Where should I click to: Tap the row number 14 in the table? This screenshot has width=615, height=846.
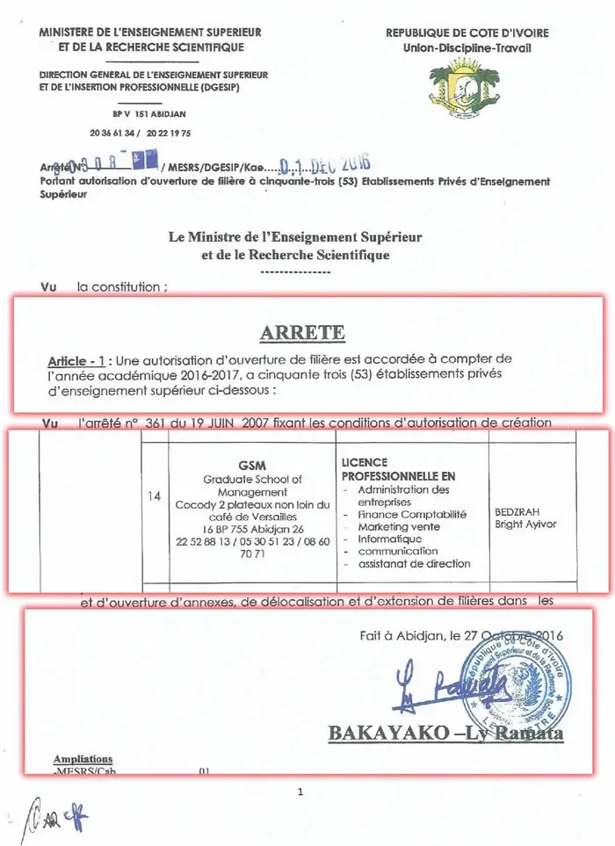155,496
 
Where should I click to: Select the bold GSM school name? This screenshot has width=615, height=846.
251,465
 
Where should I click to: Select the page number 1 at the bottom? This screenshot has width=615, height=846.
300,792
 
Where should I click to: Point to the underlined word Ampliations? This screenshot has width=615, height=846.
83,760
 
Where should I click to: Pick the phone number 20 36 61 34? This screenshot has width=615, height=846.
112,133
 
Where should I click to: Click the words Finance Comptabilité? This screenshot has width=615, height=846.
411,514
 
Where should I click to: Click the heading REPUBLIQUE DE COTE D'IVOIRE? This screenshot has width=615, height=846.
467,33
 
